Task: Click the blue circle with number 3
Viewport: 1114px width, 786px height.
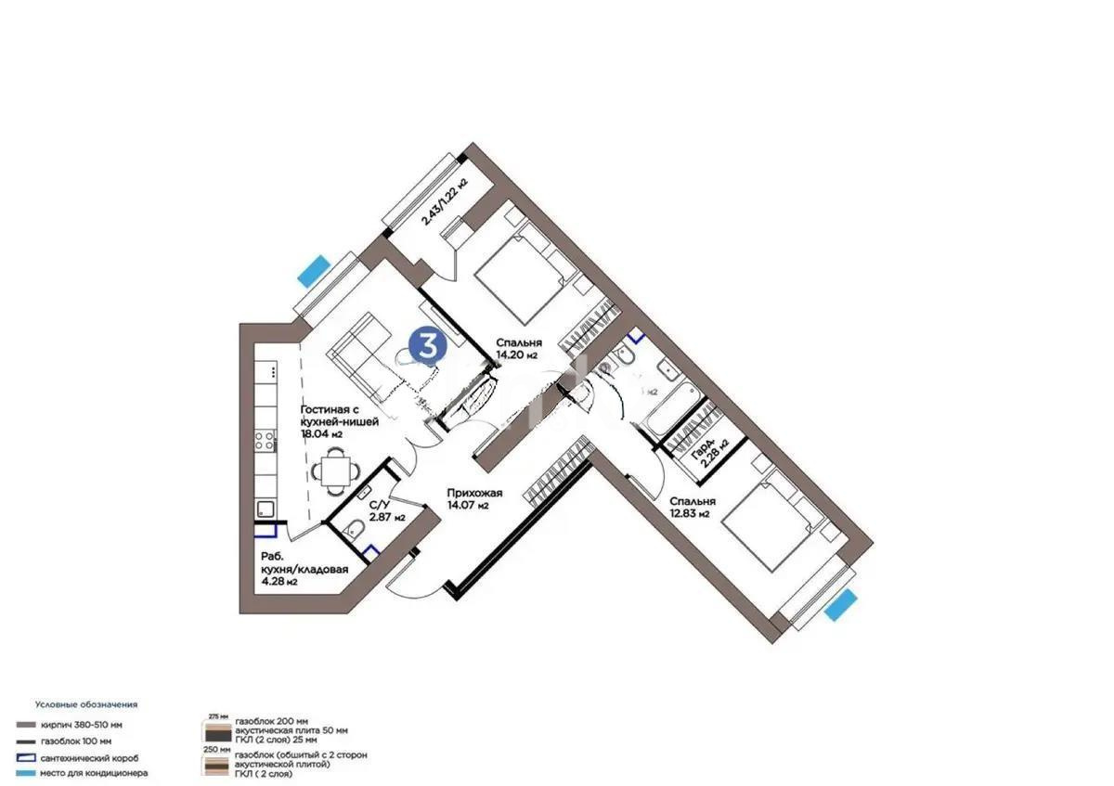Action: coord(427,344)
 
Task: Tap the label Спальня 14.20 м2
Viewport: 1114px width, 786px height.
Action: coord(518,348)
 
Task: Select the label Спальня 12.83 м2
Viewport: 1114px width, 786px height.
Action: coord(690,506)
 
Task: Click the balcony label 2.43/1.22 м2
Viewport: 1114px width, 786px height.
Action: coord(444,202)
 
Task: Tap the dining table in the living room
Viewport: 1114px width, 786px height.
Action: coord(333,470)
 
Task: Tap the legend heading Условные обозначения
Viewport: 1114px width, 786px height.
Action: coord(85,704)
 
